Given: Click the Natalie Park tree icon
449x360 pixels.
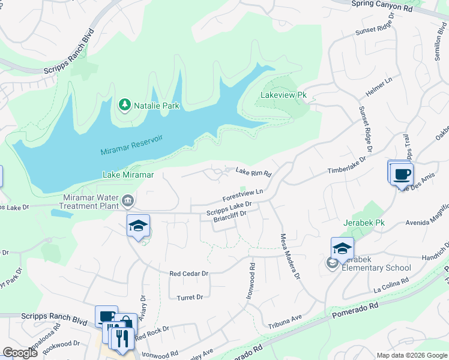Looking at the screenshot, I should point(125,105).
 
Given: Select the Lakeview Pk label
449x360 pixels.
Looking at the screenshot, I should point(284,95).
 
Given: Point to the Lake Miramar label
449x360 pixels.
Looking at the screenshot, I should point(128,175).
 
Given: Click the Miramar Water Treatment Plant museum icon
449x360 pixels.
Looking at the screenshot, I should point(128,200).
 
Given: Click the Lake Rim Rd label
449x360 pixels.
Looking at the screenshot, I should point(253,173).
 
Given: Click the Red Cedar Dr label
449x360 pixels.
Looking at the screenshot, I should point(188,273).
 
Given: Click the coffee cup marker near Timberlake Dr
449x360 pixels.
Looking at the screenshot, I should point(401,175).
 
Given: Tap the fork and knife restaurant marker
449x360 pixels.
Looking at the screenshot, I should point(122,337).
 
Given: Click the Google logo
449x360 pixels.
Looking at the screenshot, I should point(20,353).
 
